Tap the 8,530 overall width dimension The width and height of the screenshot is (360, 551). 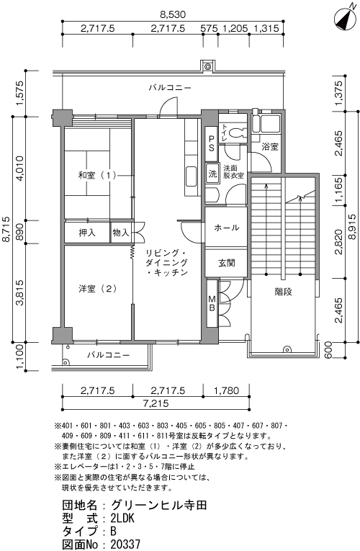(173, 14)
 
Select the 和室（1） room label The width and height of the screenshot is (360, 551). (97, 175)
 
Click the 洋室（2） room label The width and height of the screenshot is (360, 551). (97, 289)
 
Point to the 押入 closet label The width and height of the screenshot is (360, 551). (86, 232)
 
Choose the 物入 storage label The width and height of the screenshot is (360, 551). (121, 232)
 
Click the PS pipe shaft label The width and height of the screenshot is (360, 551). (212, 143)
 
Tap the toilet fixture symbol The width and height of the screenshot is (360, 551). (237, 133)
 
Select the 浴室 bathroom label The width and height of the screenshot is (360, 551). (270, 147)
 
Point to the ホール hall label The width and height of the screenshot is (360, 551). (227, 228)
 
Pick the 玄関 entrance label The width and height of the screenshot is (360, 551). (227, 263)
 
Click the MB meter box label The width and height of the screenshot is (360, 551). (212, 303)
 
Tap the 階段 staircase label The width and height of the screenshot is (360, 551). (283, 292)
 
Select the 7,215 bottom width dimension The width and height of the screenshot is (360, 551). (156, 403)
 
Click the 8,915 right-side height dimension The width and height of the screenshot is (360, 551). (354, 227)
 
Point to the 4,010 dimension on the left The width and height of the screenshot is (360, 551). (19, 169)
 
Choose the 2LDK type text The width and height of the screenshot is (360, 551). (122, 519)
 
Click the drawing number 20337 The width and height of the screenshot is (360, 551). (125, 545)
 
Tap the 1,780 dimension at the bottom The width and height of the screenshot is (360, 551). (226, 390)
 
